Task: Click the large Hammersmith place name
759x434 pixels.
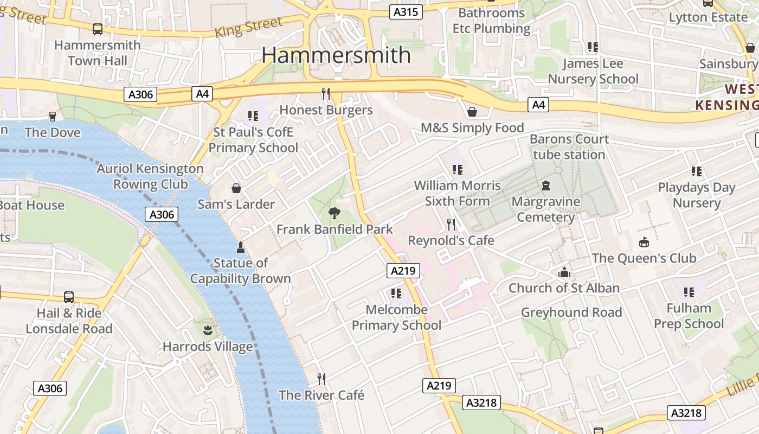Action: pyautogui.click(x=336, y=55)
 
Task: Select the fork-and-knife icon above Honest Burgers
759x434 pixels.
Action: pyautogui.click(x=326, y=94)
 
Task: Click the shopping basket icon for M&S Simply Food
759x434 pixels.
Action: pyautogui.click(x=472, y=112)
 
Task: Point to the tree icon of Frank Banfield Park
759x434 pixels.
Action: pyautogui.click(x=335, y=213)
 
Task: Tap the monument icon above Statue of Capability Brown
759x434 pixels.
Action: pyautogui.click(x=241, y=247)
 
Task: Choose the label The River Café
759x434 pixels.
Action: pyautogui.click(x=321, y=395)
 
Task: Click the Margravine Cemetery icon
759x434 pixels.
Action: pyautogui.click(x=546, y=186)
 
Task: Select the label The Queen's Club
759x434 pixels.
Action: pyautogui.click(x=644, y=258)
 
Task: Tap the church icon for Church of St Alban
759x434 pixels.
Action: pyautogui.click(x=564, y=272)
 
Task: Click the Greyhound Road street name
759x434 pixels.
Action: pyautogui.click(x=571, y=312)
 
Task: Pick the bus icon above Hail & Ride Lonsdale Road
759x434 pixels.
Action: pyautogui.click(x=69, y=297)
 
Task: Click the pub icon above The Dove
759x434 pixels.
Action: pyautogui.click(x=53, y=116)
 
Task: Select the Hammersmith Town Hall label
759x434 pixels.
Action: pyautogui.click(x=98, y=53)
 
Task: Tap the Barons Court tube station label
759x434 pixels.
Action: pyautogui.click(x=569, y=146)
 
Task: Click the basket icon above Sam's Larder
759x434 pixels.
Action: pyautogui.click(x=236, y=188)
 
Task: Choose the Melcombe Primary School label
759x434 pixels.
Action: pyautogui.click(x=397, y=317)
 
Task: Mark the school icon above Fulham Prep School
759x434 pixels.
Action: pyautogui.click(x=689, y=292)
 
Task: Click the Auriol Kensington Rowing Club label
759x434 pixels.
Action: pyautogui.click(x=150, y=176)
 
